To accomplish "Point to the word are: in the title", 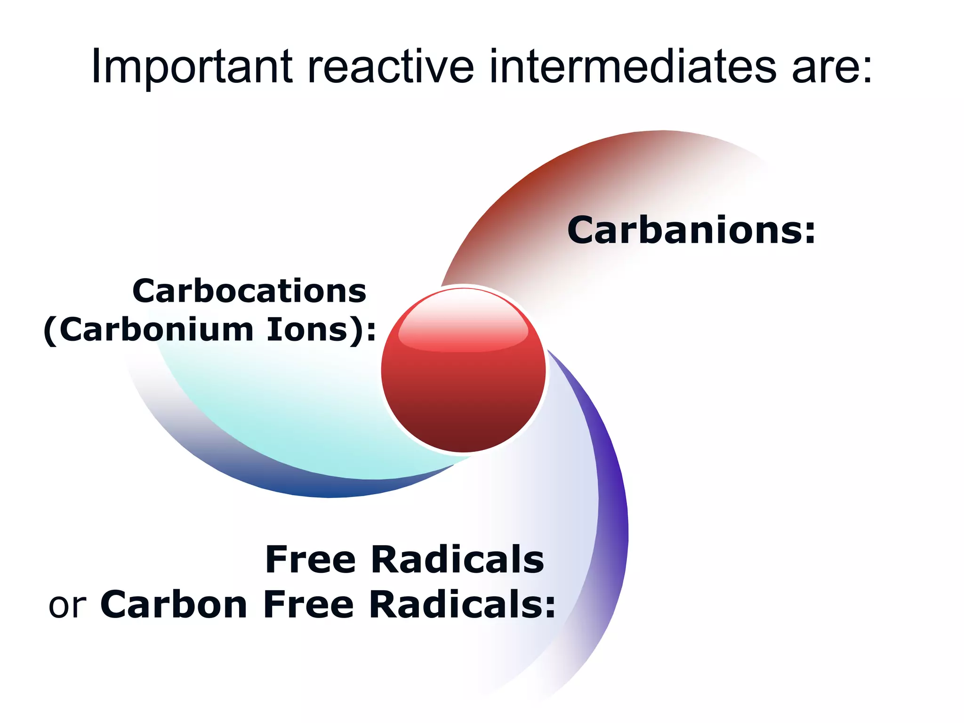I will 831,68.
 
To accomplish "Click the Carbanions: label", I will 691,230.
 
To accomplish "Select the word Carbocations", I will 249,291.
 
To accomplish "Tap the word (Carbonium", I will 149,329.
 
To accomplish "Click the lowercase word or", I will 67,605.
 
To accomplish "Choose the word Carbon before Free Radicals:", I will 174,604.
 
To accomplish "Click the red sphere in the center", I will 464,391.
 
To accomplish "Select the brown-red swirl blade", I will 541,198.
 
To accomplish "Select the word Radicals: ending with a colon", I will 462,604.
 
